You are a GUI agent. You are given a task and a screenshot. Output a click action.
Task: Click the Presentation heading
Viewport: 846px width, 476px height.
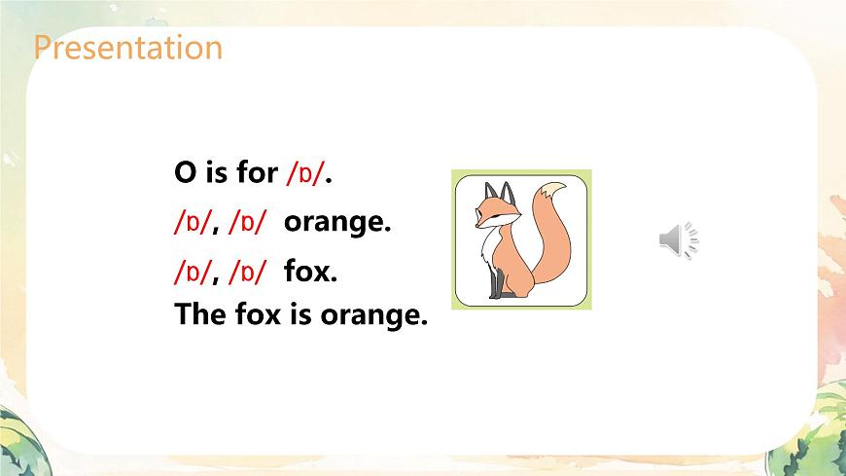tap(127, 47)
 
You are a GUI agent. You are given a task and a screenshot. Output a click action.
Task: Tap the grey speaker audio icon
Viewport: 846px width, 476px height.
tap(679, 239)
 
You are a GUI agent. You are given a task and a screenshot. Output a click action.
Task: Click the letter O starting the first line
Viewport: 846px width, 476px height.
tap(185, 174)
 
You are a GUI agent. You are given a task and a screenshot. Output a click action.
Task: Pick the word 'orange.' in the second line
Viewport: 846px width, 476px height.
tap(336, 224)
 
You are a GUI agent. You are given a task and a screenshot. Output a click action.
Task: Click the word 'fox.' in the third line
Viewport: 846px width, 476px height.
tap(310, 273)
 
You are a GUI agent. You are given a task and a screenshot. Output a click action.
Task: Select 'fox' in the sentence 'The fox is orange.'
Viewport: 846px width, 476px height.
tap(259, 316)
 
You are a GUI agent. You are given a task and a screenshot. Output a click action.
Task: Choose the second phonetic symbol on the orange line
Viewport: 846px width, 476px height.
tap(247, 223)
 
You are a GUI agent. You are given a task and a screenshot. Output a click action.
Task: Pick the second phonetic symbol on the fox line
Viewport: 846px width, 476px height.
tap(247, 273)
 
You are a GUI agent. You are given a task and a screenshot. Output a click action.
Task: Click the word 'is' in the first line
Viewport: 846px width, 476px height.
tap(215, 173)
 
